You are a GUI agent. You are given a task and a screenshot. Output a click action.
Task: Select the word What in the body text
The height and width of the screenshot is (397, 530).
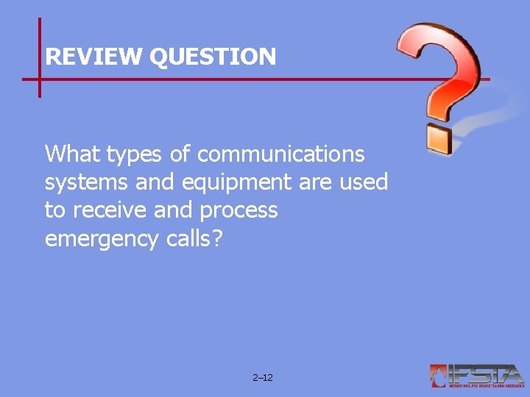point(73,154)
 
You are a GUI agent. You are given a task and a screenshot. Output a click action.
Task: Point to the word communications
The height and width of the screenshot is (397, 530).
point(281,154)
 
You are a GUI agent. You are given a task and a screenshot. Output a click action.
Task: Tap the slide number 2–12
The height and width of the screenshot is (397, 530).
point(262,377)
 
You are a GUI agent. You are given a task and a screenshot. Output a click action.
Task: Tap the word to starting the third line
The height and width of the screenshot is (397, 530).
point(54,211)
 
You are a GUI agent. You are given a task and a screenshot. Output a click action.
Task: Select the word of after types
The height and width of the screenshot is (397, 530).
point(179,154)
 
